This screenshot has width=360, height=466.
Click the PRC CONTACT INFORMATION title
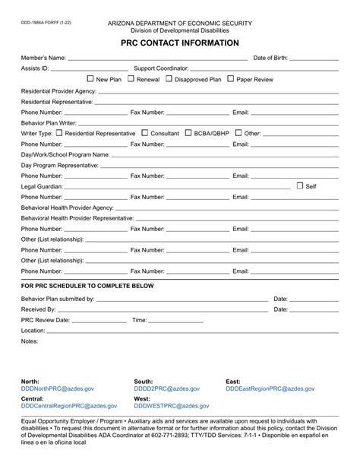pyautogui.click(x=179, y=43)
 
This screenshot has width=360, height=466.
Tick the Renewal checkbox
pyautogui.click(x=131, y=78)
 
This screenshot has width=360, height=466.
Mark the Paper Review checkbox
pyautogui.click(x=231, y=78)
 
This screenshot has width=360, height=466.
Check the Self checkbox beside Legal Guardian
pyautogui.click(x=300, y=185)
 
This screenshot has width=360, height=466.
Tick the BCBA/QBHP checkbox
pyautogui.click(x=188, y=132)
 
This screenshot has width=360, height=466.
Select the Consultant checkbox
pyautogui.click(x=145, y=132)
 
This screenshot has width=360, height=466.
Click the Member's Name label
pyautogui.click(x=44, y=58)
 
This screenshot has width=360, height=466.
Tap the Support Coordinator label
pyautogui.click(x=162, y=68)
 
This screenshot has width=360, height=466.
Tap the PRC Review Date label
pyautogui.click(x=46, y=320)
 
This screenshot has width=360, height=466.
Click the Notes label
pyautogui.click(x=30, y=341)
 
